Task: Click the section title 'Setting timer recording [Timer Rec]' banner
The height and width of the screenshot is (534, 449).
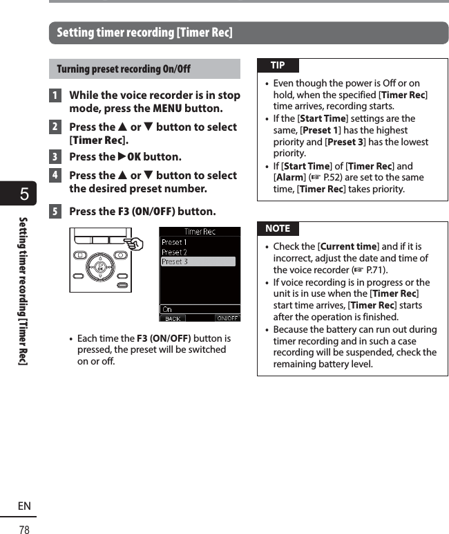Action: click(x=144, y=33)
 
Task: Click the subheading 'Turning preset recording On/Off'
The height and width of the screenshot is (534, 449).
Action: click(x=124, y=69)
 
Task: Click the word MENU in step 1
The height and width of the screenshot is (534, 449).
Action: click(x=167, y=109)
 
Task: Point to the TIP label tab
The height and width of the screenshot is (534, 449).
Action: click(x=278, y=66)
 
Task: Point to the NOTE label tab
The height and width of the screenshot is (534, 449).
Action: click(x=278, y=228)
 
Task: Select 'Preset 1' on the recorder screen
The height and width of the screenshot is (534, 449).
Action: click(x=174, y=242)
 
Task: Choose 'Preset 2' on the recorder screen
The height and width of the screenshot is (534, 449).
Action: click(x=174, y=252)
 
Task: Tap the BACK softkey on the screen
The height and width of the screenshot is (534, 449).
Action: click(x=173, y=318)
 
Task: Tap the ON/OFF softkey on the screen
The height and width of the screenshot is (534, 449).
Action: click(x=227, y=318)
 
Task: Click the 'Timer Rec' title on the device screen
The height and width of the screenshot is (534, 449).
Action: click(x=200, y=232)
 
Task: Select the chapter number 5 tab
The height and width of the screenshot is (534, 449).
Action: click(x=23, y=195)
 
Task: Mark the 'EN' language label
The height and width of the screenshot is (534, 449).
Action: click(x=24, y=506)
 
